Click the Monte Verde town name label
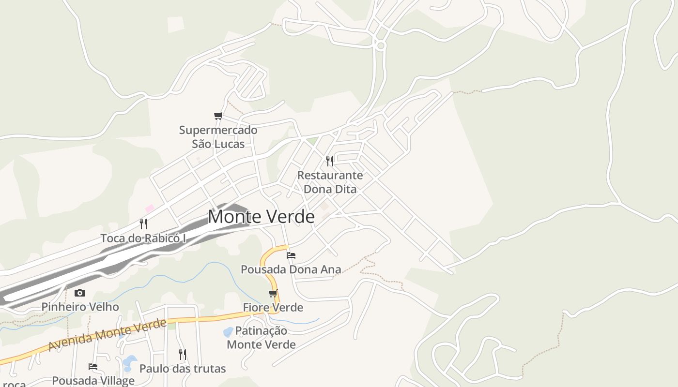[x=261, y=217]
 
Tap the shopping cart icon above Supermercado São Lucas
[x=218, y=116]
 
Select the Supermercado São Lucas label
[x=218, y=137]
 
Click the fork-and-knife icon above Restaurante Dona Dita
[x=330, y=161]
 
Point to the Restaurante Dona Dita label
[x=330, y=182]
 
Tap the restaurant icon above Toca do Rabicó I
[x=143, y=223]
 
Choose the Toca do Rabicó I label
[x=143, y=238]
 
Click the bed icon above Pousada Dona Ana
[x=291, y=255]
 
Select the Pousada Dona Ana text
[x=291, y=269]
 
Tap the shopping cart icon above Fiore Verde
[x=273, y=294]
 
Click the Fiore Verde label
[x=273, y=308]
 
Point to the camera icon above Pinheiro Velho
[x=80, y=293]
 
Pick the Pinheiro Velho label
[x=80, y=307]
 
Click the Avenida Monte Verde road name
[x=108, y=335]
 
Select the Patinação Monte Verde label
[x=262, y=338]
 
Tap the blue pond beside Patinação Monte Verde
[x=227, y=332]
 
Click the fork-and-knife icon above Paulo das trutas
[x=183, y=355]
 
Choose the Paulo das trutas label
[x=183, y=369]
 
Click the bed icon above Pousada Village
[x=93, y=367]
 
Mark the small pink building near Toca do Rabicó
[x=150, y=208]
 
